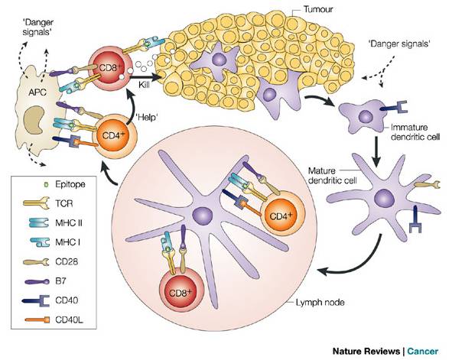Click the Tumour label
318,9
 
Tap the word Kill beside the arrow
144,85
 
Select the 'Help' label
147,117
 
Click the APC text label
37,92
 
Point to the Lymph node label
320,303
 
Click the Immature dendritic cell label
415,132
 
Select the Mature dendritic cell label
333,175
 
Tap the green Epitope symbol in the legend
45,183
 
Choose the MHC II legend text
69,222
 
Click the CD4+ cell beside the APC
115,135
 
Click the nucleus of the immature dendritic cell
366,117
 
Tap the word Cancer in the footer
423,352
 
